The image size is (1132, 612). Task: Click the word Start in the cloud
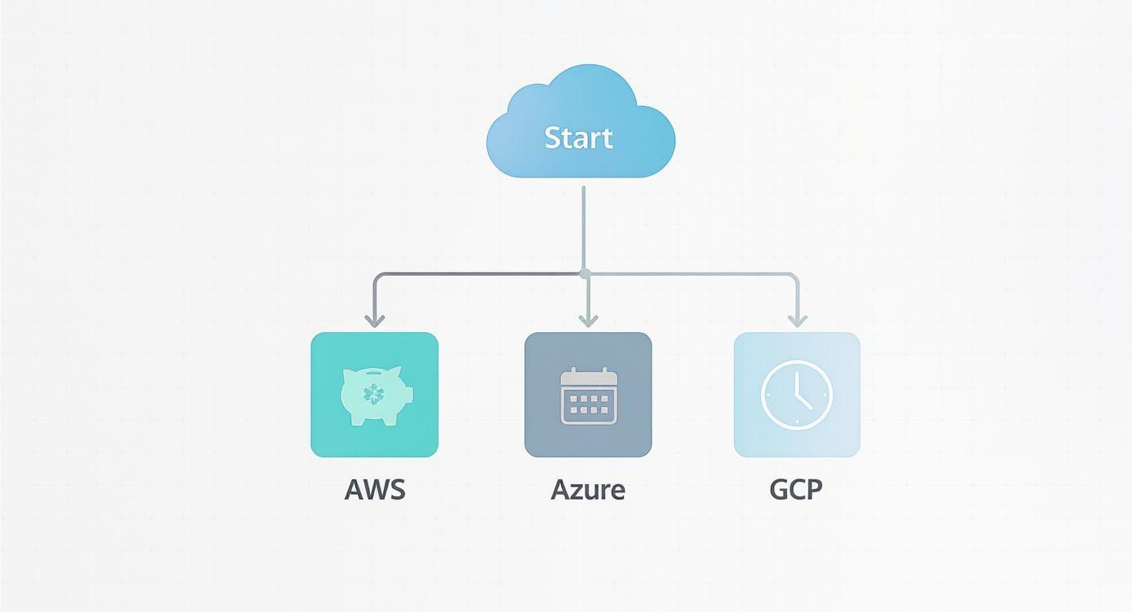tap(578, 138)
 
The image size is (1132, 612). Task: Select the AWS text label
tap(374, 490)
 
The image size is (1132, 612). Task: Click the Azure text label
tap(588, 490)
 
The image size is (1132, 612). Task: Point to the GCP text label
tap(796, 490)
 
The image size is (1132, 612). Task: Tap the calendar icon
tap(589, 396)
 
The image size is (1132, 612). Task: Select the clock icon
tap(797, 395)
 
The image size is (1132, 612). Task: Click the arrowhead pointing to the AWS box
tap(374, 320)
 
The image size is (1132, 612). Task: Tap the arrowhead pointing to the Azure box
tap(588, 320)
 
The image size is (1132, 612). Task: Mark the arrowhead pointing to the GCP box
tap(796, 320)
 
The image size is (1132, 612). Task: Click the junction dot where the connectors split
tap(584, 273)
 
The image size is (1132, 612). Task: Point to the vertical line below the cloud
tap(584, 228)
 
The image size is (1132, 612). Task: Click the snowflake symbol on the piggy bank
tap(373, 395)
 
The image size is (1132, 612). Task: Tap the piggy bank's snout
tap(407, 395)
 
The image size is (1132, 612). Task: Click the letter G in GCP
tap(778, 490)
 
